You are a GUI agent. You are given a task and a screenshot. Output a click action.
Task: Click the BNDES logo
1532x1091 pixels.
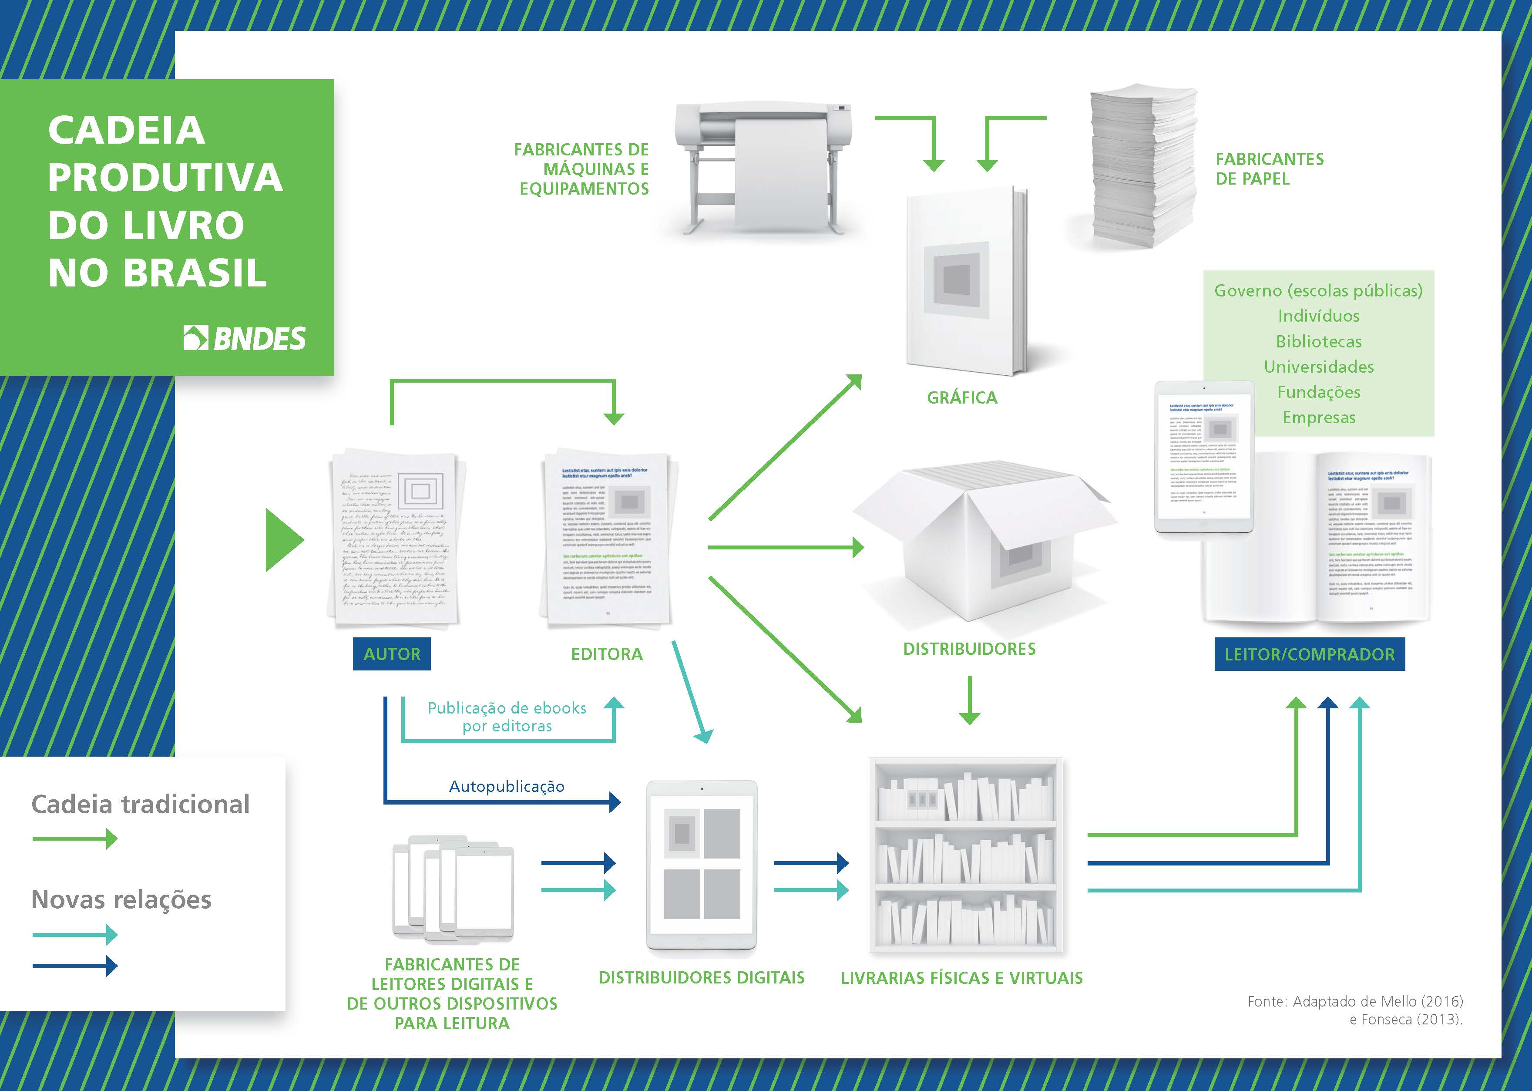click(x=245, y=338)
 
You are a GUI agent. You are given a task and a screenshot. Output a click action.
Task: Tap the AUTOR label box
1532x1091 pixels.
click(x=392, y=653)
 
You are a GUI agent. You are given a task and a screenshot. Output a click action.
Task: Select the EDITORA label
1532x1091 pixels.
click(x=606, y=653)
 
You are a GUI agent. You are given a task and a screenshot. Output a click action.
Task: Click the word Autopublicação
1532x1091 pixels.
click(x=507, y=786)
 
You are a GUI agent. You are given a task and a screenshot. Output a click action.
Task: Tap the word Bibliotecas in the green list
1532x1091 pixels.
click(x=1318, y=341)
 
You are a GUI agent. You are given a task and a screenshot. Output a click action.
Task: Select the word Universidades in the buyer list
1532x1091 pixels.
click(x=1318, y=367)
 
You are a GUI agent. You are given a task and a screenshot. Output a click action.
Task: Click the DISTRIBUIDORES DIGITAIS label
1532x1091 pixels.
click(x=701, y=977)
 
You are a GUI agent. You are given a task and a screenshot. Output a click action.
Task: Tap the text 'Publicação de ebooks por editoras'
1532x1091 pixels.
click(x=507, y=717)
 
